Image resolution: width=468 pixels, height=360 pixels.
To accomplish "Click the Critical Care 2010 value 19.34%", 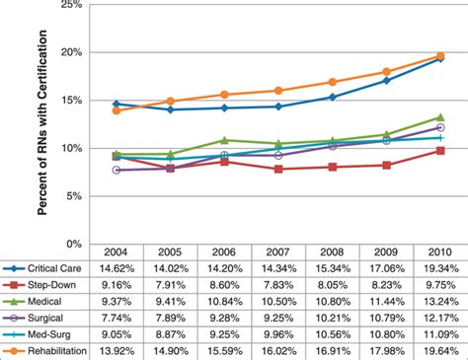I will coord(439,268).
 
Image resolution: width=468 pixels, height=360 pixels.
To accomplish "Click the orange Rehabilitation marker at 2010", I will coord(439,56).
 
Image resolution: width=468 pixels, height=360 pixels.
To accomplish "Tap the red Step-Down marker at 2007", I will coord(279,169).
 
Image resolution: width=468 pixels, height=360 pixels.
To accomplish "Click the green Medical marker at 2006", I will coord(225,140).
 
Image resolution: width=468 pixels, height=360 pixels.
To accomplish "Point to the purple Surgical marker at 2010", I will coord(439,127).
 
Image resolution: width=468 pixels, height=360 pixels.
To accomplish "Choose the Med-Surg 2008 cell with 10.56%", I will coord(333,334).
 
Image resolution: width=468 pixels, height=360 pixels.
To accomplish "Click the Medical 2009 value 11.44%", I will coord(386,302).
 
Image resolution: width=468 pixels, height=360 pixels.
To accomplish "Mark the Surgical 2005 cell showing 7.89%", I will coord(171,319).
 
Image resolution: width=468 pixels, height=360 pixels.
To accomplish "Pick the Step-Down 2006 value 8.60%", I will coord(225,285).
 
